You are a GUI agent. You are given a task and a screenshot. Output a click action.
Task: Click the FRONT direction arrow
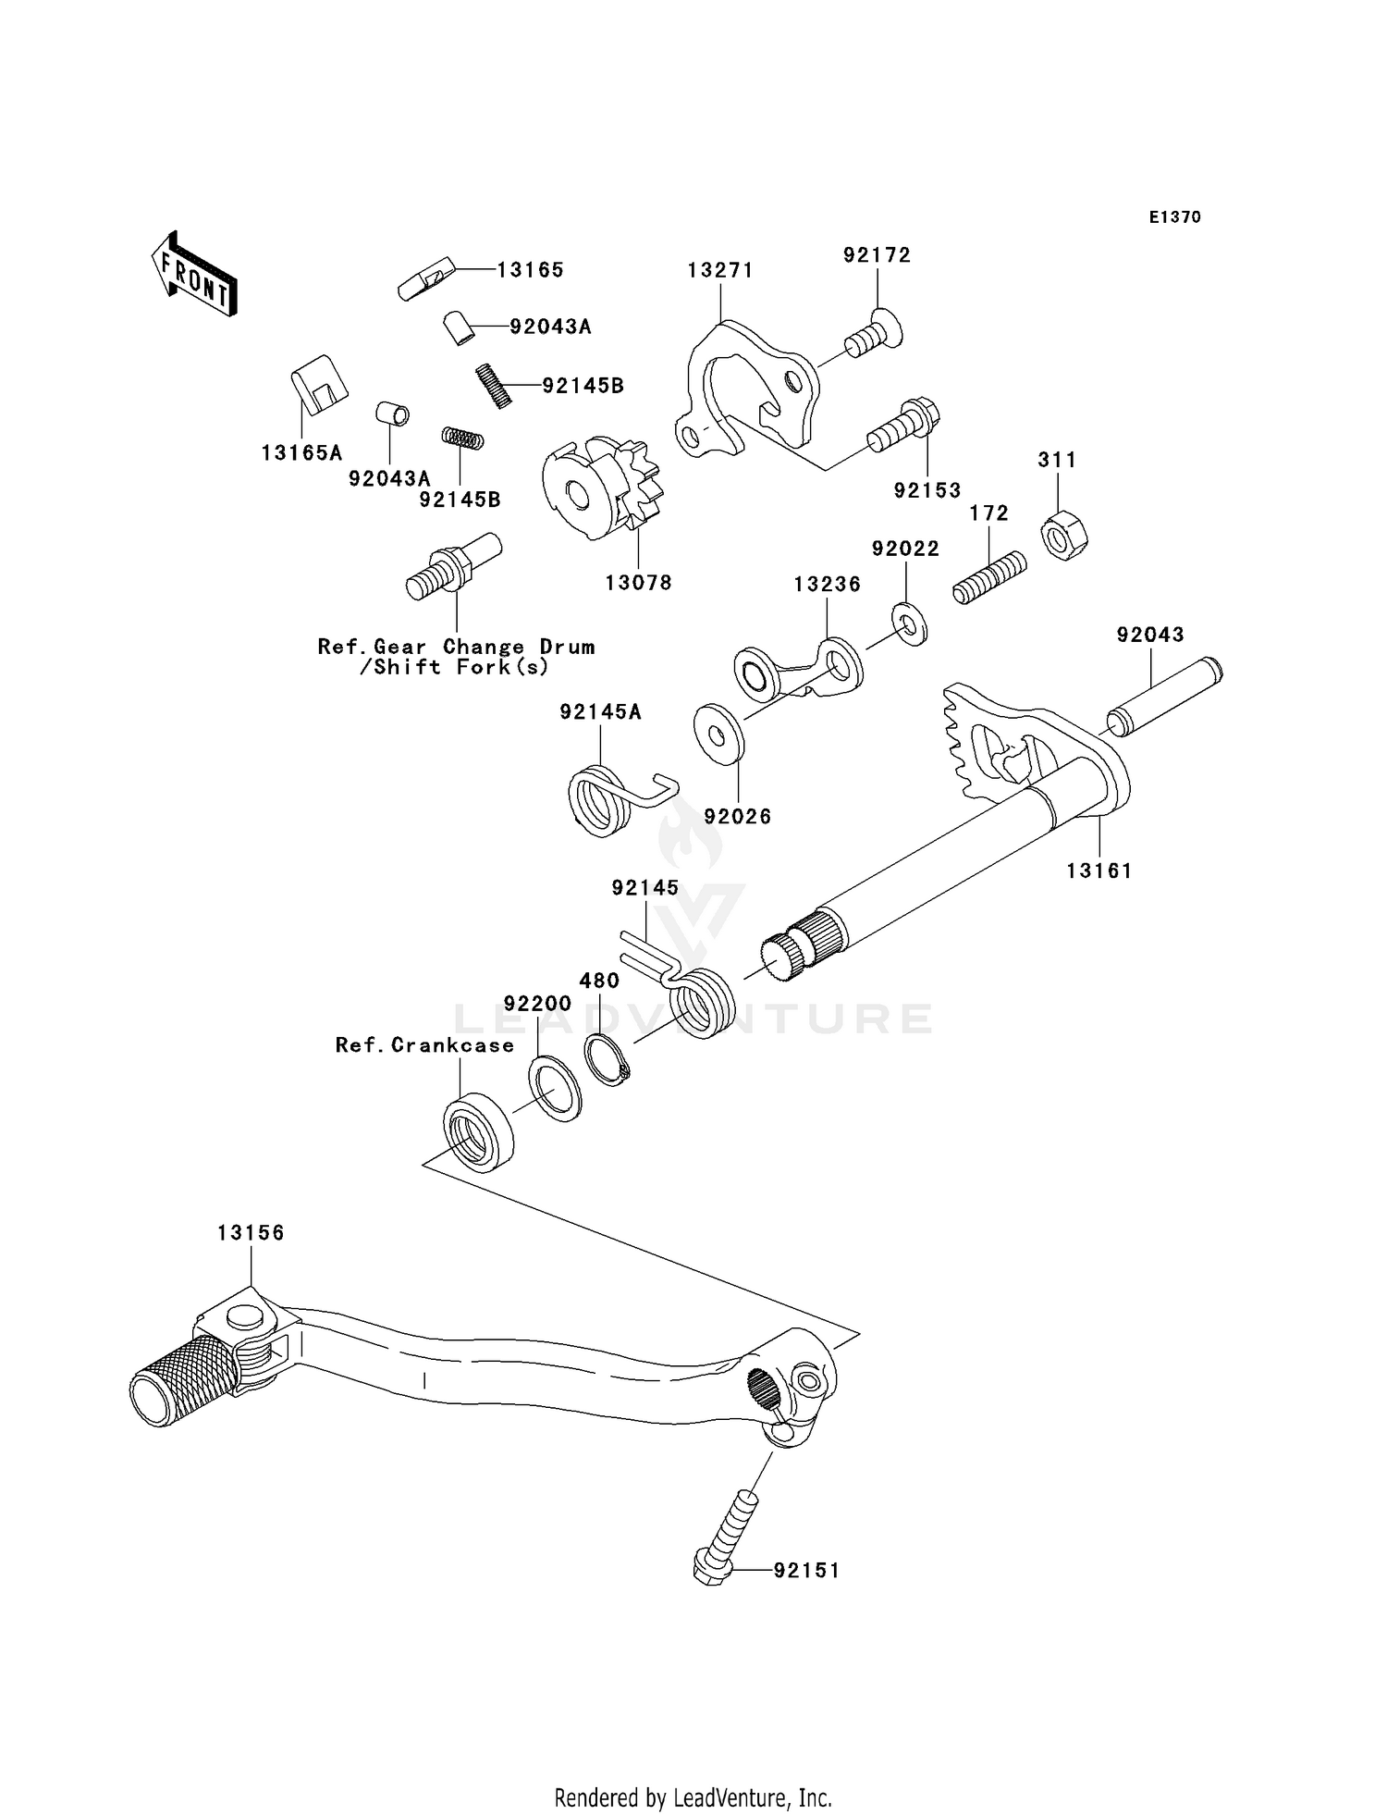point(195,276)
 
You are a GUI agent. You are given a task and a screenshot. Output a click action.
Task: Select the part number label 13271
point(719,270)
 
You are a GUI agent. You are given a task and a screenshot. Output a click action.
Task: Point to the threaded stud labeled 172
point(989,578)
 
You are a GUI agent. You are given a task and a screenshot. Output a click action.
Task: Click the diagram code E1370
point(1174,217)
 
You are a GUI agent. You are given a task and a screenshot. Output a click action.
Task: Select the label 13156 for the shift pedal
point(251,1233)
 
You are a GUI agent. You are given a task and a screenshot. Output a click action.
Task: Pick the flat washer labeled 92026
point(718,734)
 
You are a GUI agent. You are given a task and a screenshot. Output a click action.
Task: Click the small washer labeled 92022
point(910,624)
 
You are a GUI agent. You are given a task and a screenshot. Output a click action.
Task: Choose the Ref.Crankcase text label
point(424,1045)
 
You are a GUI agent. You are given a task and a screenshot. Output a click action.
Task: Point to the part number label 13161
point(1099,870)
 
